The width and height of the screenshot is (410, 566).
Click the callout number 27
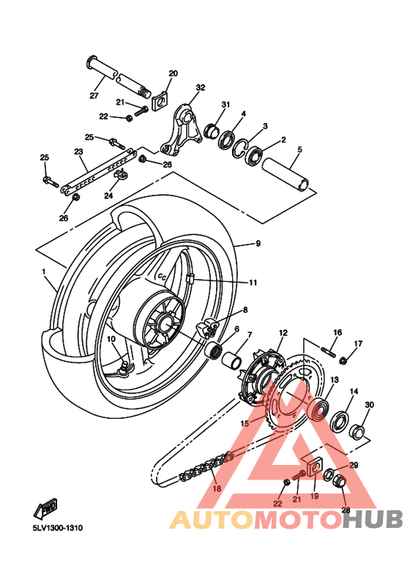point(94,96)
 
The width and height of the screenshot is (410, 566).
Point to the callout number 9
point(258,244)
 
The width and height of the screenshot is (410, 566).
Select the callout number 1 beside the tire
point(45,272)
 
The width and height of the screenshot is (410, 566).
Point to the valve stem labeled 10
point(124,364)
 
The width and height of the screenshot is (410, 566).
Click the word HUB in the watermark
point(372,519)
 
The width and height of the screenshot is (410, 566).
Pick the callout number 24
point(108,196)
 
